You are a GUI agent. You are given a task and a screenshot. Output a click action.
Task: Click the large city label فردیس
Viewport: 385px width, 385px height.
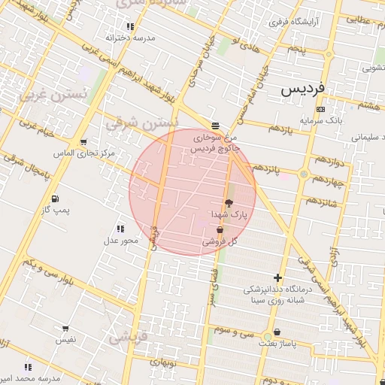coord(304,89)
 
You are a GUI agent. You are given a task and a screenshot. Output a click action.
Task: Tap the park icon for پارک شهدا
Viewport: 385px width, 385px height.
coord(229,203)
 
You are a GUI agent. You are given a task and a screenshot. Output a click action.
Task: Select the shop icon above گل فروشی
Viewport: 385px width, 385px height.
coord(220,231)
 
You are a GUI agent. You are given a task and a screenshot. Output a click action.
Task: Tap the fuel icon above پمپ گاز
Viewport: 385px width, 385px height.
coord(56,199)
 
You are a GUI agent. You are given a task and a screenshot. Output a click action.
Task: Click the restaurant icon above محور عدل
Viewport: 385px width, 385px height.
coord(120,229)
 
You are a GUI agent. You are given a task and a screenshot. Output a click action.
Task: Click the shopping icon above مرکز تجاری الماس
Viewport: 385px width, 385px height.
coord(83,141)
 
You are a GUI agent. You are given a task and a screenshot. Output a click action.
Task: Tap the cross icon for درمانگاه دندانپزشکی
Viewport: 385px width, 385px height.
coord(278,278)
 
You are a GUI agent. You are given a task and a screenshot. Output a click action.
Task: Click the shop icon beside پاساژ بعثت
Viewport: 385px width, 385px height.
coord(277,332)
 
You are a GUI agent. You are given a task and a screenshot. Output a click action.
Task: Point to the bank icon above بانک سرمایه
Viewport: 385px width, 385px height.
coord(321,110)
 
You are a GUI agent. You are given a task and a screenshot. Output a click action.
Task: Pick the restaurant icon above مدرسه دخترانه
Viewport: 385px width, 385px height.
coord(130,26)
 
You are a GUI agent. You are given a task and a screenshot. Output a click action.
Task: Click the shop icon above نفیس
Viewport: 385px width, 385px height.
coord(66,329)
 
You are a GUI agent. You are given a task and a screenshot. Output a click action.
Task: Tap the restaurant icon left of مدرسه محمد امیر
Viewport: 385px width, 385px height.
coord(28,367)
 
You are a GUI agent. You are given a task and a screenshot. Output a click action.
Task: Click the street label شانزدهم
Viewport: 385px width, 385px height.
coord(318,203)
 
